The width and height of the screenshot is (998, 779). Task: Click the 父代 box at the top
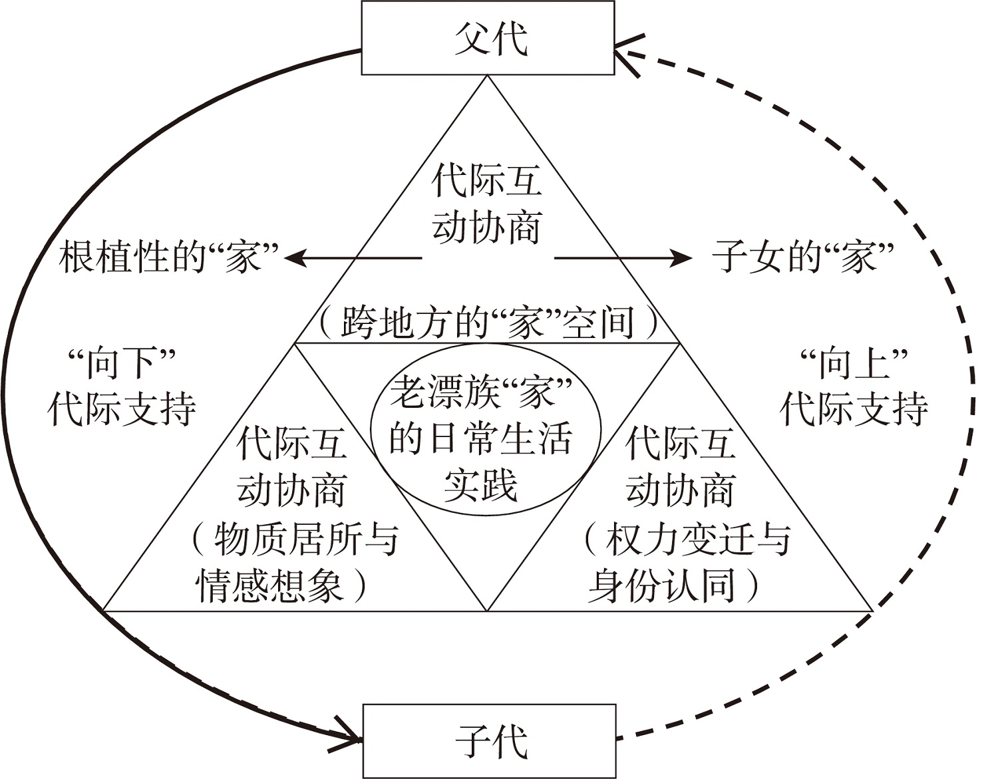(x=488, y=38)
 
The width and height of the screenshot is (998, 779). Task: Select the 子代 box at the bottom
(x=489, y=740)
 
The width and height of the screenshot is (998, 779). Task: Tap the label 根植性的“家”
(x=168, y=257)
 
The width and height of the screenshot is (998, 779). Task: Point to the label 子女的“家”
(x=802, y=257)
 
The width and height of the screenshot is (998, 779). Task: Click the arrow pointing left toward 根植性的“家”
(x=353, y=257)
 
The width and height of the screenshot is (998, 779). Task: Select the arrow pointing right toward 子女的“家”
(x=623, y=257)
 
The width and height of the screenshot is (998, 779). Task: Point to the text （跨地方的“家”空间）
(x=488, y=323)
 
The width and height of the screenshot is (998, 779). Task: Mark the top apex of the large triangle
(x=488, y=76)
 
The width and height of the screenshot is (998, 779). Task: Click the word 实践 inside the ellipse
(x=481, y=486)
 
